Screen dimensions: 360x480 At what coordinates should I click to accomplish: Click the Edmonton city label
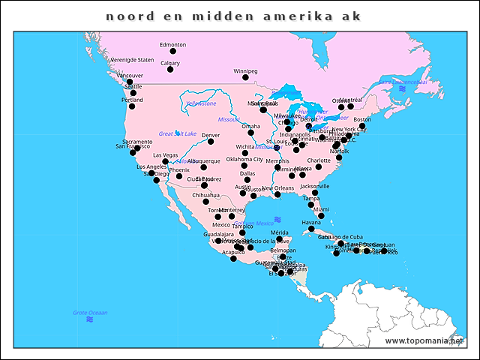(172, 44)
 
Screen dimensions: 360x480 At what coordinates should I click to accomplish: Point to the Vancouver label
(130, 75)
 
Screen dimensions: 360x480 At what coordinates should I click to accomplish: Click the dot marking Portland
(132, 106)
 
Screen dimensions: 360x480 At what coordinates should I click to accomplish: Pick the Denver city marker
(211, 142)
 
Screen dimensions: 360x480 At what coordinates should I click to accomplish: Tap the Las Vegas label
(166, 154)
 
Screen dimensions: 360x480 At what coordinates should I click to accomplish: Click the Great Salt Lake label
(177, 133)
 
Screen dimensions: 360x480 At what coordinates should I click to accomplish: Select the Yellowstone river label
(200, 103)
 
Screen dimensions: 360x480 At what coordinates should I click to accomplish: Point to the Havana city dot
(311, 229)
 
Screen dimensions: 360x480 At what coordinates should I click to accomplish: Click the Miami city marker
(321, 216)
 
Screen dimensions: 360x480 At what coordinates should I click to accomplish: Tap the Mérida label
(279, 232)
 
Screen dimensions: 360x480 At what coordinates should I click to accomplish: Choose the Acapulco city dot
(233, 259)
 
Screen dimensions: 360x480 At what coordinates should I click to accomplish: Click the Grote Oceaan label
(90, 312)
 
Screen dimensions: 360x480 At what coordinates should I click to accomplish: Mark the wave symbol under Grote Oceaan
(90, 320)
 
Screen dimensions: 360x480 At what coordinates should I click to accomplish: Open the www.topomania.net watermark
(423, 340)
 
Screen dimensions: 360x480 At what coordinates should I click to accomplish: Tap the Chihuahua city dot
(205, 202)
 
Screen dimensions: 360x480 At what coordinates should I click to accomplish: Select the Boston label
(362, 119)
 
